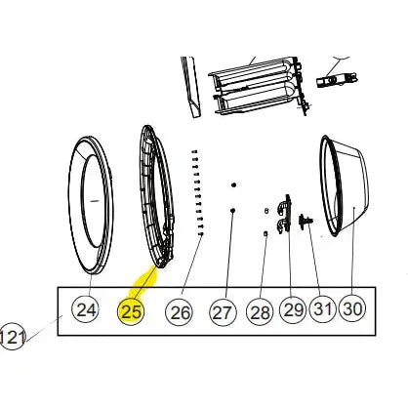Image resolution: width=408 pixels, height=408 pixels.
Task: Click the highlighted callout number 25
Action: (x=131, y=311)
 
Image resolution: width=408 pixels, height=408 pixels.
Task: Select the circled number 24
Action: (x=86, y=309)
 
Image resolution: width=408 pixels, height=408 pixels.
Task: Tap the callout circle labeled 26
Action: (x=180, y=312)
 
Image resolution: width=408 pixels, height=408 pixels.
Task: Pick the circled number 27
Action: (x=223, y=312)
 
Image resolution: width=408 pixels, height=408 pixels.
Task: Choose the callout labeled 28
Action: (x=260, y=312)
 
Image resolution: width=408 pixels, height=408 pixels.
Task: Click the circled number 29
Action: (x=293, y=309)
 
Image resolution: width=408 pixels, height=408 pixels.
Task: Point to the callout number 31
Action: (x=322, y=307)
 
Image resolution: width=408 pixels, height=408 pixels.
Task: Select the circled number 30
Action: (x=352, y=307)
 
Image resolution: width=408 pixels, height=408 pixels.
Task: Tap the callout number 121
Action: (x=12, y=337)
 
